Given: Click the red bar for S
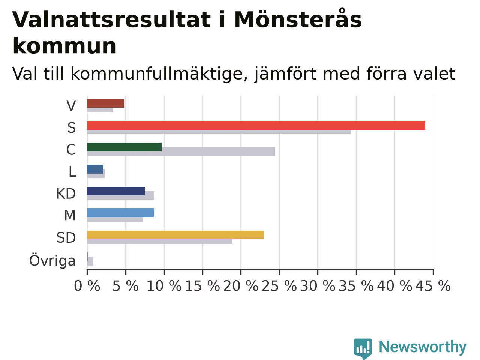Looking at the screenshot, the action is (256, 125).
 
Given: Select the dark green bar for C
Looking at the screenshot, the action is (124, 147).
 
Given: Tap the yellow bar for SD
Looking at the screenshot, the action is (175, 235).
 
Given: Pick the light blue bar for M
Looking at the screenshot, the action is (120, 213).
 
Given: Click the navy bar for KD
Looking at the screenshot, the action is (116, 191).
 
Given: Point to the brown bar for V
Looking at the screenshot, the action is (106, 103).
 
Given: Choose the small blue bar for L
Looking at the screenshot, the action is (95, 169).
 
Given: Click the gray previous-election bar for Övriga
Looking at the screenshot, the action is (90, 261).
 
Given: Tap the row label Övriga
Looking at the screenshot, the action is (52, 260).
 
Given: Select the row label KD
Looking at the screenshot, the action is (66, 193).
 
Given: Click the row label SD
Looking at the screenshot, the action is (66, 238).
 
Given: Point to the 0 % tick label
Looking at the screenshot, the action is (87, 286).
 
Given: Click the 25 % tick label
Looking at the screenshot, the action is (279, 286).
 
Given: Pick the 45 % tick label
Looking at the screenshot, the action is (433, 286).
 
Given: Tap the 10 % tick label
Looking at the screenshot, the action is (164, 286).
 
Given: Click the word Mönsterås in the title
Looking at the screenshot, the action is (298, 19).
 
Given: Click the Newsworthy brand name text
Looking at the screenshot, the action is (423, 347).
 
